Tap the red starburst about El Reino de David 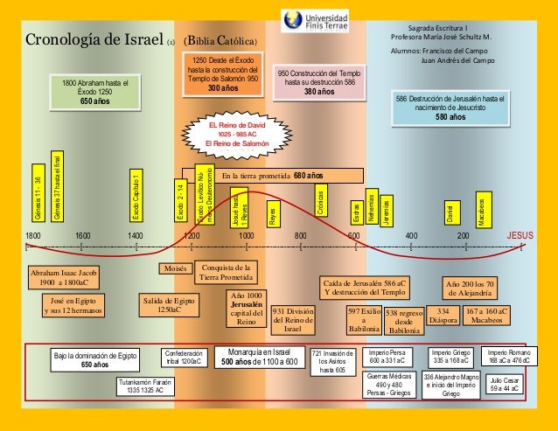pos(238,135)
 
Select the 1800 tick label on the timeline pos(33,236)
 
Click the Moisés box pos(177,267)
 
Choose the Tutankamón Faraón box pos(142,386)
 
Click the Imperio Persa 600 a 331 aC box pos(385,357)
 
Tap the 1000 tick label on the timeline pos(246,236)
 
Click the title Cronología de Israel pos(93,41)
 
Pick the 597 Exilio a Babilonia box pos(363,320)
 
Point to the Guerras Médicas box pos(385,385)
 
